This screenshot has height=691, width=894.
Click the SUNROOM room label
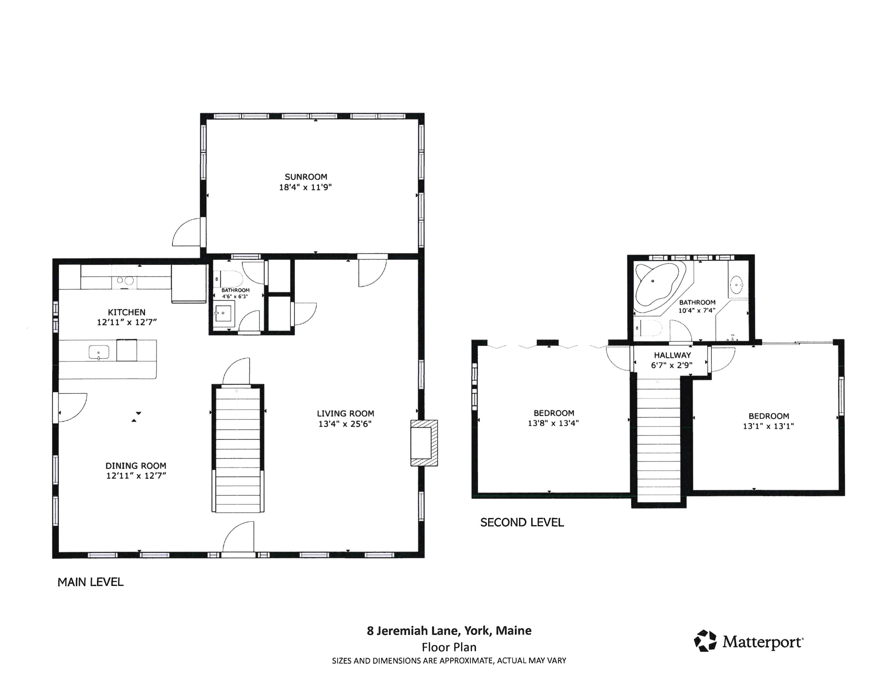(x=306, y=177)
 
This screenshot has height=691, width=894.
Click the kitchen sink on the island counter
(x=99, y=352)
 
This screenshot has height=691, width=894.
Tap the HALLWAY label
(x=672, y=355)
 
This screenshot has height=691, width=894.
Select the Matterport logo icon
(x=705, y=641)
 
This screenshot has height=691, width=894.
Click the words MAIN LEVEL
(x=90, y=582)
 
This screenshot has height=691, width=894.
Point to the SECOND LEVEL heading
(x=522, y=522)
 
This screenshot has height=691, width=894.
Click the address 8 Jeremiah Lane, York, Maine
(x=449, y=631)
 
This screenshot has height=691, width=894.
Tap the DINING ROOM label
(x=136, y=466)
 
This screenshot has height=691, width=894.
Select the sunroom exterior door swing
(x=187, y=233)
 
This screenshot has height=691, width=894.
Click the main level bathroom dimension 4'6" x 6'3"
(x=235, y=296)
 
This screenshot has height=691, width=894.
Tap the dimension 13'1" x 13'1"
(x=768, y=426)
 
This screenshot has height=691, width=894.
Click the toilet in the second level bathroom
(x=649, y=328)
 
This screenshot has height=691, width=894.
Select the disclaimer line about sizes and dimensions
(x=449, y=661)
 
